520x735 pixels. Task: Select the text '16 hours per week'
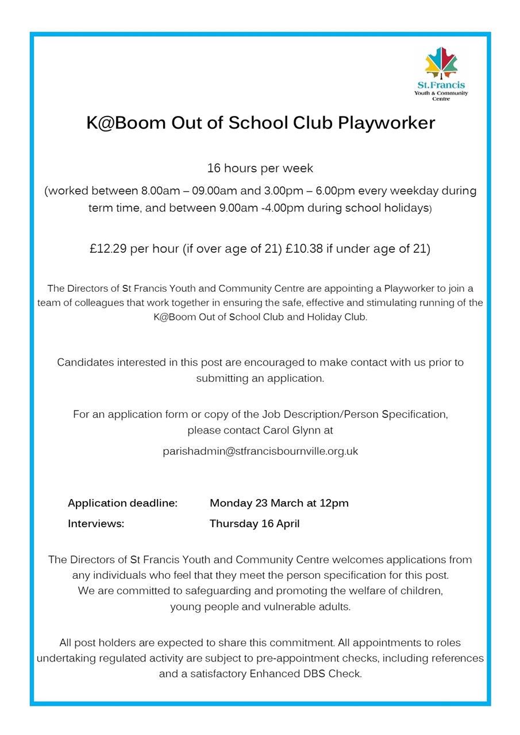click(x=260, y=169)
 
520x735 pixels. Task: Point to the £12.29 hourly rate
click(x=109, y=249)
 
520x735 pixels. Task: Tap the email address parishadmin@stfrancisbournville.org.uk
click(x=260, y=451)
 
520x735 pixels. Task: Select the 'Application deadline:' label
click(x=122, y=503)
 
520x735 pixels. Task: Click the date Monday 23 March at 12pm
click(x=279, y=503)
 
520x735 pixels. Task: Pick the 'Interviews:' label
click(x=96, y=524)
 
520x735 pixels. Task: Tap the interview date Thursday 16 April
click(x=254, y=524)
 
